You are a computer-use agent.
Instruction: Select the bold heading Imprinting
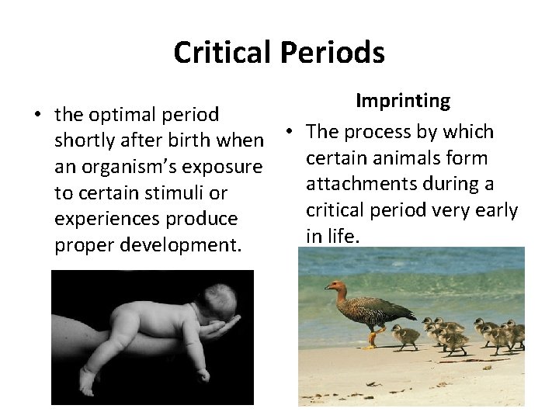[403, 101]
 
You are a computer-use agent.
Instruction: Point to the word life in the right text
[342, 237]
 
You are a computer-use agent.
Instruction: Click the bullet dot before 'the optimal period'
[36, 115]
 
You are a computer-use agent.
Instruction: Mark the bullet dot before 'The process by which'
[288, 132]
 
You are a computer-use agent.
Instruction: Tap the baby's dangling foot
[88, 379]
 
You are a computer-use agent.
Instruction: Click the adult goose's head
[335, 289]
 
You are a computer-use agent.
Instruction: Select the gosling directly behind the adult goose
[405, 337]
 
